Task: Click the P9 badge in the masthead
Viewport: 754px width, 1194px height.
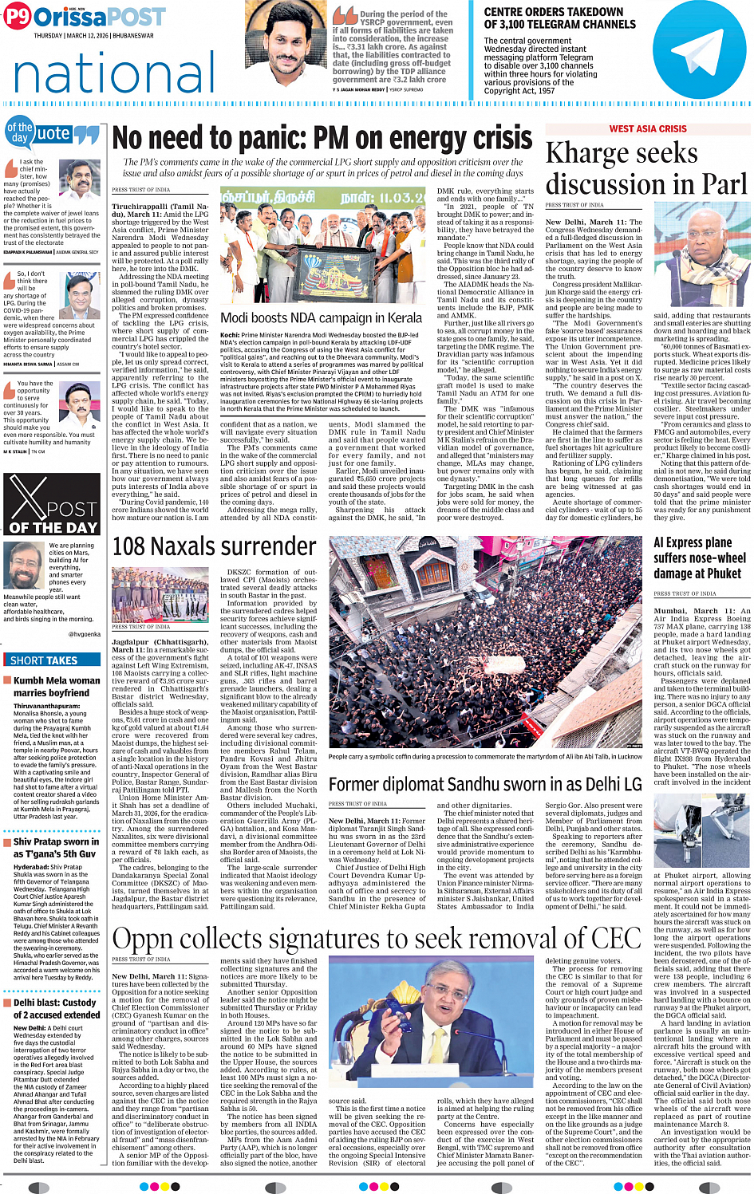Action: (18, 17)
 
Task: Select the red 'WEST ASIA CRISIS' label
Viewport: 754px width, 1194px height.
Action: (647, 128)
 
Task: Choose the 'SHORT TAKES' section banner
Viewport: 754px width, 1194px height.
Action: (44, 660)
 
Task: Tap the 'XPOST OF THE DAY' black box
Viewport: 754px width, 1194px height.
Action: (51, 504)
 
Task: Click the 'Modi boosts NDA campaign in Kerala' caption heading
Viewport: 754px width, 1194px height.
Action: (321, 317)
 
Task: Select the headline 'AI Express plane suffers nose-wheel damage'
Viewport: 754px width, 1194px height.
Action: (699, 558)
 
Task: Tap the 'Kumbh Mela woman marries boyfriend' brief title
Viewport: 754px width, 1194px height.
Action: (57, 687)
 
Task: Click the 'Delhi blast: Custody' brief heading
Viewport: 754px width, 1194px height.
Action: (55, 1003)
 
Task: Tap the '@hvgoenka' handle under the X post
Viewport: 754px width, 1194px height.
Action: (84, 634)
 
